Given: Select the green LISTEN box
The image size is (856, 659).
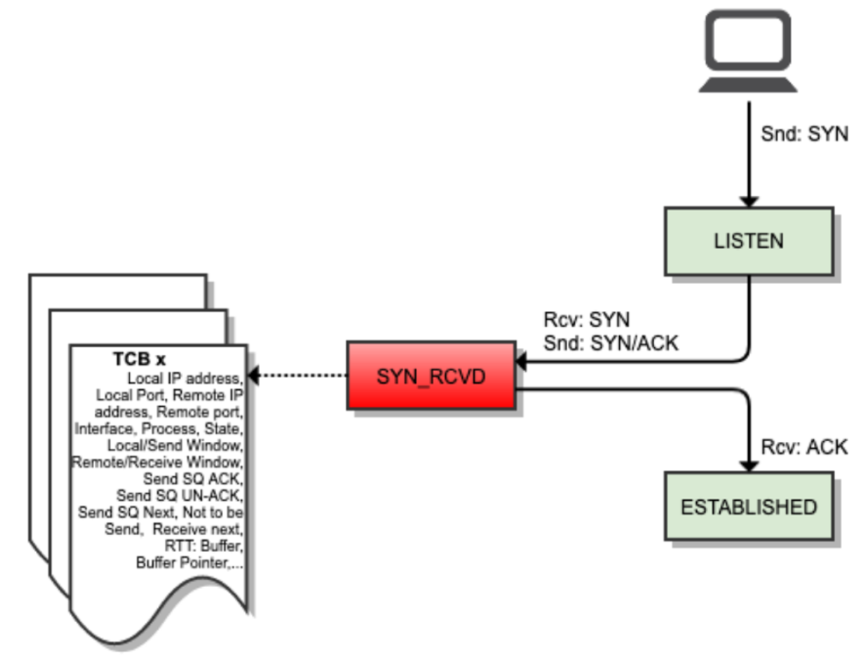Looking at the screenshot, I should (x=747, y=240).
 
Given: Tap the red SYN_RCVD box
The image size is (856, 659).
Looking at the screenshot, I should (x=430, y=375).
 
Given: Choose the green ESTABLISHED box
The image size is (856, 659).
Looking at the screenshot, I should (x=748, y=507).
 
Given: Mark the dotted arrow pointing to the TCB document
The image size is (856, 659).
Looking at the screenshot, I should (x=299, y=376).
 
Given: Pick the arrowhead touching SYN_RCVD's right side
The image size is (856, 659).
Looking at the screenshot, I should (x=520, y=361).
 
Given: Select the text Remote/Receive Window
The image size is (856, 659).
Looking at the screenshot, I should (x=157, y=461).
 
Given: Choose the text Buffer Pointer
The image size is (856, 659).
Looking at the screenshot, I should (x=188, y=562).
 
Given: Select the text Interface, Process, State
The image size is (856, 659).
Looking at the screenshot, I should (x=158, y=428).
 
